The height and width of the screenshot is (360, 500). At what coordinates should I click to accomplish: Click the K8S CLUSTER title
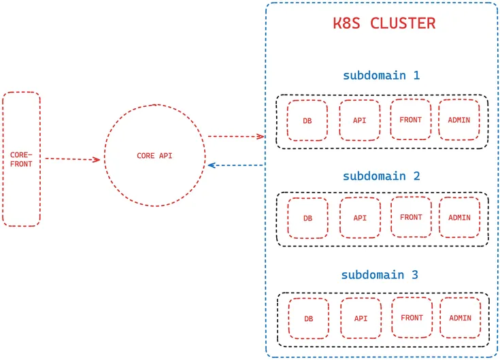tap(384, 23)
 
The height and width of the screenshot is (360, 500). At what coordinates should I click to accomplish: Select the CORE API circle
tap(154, 156)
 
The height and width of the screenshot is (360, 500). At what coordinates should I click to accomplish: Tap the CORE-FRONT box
tap(21, 159)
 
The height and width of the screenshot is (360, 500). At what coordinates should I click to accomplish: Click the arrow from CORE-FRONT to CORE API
tap(72, 159)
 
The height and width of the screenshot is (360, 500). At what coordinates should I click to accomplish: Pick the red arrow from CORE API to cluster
tap(235, 136)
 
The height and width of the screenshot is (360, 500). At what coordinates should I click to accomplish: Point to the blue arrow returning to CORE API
tap(235, 165)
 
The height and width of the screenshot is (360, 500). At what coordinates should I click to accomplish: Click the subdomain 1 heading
tap(381, 75)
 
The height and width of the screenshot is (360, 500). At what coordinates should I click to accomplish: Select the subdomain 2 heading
tap(381, 176)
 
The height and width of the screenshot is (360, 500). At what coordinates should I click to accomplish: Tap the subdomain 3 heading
tap(380, 275)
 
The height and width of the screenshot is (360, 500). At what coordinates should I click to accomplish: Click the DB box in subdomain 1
tap(307, 120)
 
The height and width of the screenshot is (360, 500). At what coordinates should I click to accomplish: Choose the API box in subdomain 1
tap(360, 120)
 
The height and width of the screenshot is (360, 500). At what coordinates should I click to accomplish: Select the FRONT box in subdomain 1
tap(410, 120)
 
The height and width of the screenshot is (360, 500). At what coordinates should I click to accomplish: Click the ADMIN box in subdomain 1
tap(459, 120)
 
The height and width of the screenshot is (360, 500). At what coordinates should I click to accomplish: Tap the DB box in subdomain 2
tap(307, 218)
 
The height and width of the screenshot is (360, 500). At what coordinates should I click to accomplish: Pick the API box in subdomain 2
tap(360, 218)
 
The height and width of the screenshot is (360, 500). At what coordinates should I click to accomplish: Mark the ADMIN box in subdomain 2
tap(459, 218)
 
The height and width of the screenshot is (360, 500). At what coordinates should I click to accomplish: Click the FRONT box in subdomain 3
tap(412, 318)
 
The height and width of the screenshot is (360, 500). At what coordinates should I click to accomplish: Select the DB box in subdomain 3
tap(309, 318)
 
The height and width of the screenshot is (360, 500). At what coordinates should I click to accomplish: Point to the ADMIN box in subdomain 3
tap(460, 318)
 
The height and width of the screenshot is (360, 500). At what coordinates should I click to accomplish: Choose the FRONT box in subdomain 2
tap(411, 217)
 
